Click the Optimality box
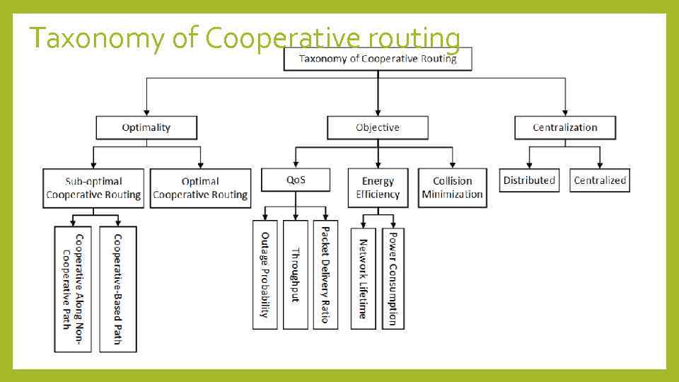pyautogui.click(x=146, y=127)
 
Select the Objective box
pyautogui.click(x=377, y=127)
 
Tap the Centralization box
pyautogui.click(x=564, y=127)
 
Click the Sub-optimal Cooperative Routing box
pyautogui.click(x=93, y=188)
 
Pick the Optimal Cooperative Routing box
pyautogui.click(x=200, y=188)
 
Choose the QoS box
pyautogui.click(x=296, y=180)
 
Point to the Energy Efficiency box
pyautogui.click(x=378, y=187)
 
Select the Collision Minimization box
pyautogui.click(x=452, y=187)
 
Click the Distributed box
pyautogui.click(x=529, y=180)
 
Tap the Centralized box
pyautogui.click(x=600, y=180)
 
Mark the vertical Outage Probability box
pyautogui.click(x=265, y=274)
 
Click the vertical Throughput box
pyautogui.click(x=296, y=274)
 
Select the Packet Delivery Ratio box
pyautogui.click(x=325, y=274)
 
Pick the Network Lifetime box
pyautogui.click(x=363, y=278)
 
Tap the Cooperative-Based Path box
pyautogui.click(x=118, y=289)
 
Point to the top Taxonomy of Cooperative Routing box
pyautogui.click(x=378, y=59)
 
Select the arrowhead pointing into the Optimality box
pyautogui.click(x=146, y=111)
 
